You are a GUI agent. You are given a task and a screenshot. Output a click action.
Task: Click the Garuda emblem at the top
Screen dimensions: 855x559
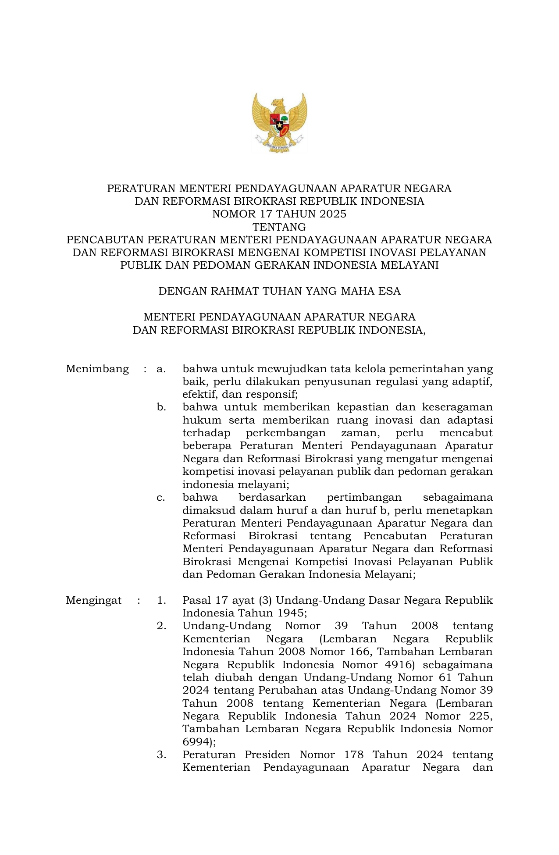pos(279,122)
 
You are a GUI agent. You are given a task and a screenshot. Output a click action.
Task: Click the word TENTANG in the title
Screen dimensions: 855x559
pos(279,227)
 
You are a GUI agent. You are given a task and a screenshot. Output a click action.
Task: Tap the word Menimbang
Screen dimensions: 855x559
pos(97,369)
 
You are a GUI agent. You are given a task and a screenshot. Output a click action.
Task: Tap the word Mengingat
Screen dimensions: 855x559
pos(93,601)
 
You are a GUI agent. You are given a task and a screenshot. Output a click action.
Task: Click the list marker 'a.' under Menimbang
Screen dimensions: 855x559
pos(161,369)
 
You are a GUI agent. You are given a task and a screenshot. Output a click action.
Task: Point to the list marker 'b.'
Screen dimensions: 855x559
pos(161,407)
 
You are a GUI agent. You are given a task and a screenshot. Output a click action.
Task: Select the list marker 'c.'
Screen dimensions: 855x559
pos(161,498)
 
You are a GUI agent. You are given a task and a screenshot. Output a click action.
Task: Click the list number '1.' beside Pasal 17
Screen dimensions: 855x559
pos(161,601)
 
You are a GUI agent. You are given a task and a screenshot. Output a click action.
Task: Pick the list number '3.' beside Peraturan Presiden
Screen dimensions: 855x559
pos(161,755)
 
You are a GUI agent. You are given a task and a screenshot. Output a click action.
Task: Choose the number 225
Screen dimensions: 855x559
pos(481,716)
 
